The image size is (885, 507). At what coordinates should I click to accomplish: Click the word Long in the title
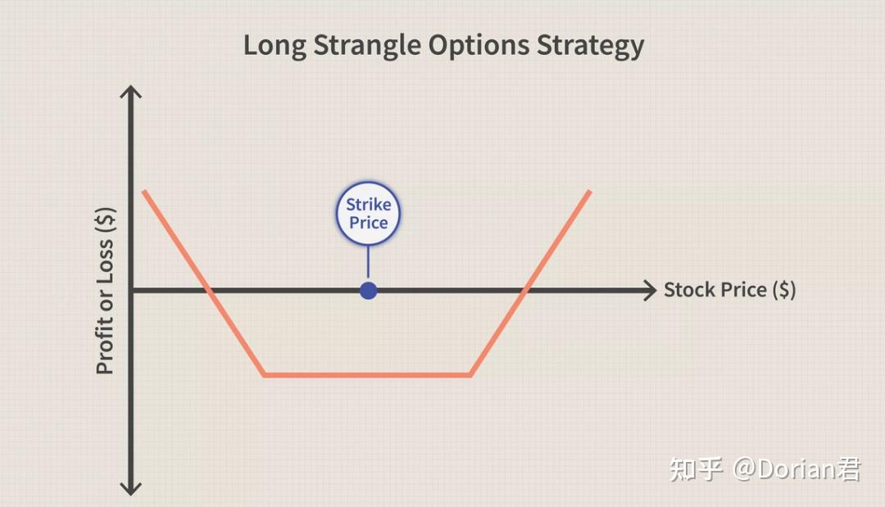coord(275,46)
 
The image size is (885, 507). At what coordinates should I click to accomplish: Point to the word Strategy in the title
coord(590,46)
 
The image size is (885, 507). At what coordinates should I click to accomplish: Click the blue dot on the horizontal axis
coord(369,291)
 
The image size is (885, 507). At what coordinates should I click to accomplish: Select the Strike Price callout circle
coord(369,214)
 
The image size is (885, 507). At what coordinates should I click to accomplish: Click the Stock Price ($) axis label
coord(730,290)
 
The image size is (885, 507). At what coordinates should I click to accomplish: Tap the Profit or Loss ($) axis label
coord(106,291)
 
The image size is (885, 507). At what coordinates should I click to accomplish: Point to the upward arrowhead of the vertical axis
coord(131,91)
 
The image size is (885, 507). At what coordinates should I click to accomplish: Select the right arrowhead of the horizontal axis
coord(651,291)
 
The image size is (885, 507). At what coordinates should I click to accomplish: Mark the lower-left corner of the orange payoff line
coord(264,375)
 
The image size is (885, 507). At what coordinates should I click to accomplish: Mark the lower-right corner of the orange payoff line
coord(470,375)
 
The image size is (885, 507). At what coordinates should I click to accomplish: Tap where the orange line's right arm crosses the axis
coord(525,291)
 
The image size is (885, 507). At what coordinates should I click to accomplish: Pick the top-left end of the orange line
coord(144,192)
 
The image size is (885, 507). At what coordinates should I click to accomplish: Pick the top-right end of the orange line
coord(590,192)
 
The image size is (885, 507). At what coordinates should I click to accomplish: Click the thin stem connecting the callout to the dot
coord(369,264)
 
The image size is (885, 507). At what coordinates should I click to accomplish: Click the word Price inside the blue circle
coord(369,223)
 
